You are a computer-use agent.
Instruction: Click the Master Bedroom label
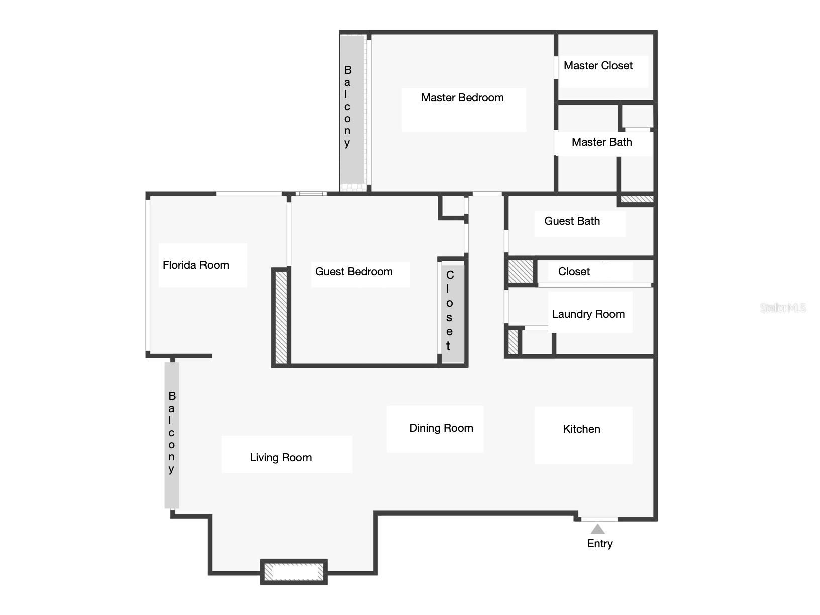(462, 98)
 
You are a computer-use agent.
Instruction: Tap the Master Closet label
(598, 66)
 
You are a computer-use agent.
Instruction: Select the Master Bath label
(601, 142)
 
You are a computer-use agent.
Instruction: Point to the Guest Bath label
(572, 221)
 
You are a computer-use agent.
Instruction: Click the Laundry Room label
(588, 314)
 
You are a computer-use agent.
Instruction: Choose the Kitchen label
(581, 429)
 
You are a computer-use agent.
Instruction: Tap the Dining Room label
(441, 428)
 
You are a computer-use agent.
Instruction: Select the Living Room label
(280, 458)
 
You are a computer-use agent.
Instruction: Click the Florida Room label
(195, 265)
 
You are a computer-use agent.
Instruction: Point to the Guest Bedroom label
(354, 272)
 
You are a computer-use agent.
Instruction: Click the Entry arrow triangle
(597, 529)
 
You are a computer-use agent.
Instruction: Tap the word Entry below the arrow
(600, 544)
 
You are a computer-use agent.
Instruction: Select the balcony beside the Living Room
(172, 435)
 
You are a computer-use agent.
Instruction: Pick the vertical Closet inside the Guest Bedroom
(452, 312)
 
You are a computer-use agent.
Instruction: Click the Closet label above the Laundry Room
(574, 272)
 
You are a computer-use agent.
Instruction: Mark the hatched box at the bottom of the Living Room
(294, 572)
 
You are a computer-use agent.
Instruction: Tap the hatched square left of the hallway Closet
(521, 271)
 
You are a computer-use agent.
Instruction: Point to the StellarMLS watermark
(782, 308)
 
